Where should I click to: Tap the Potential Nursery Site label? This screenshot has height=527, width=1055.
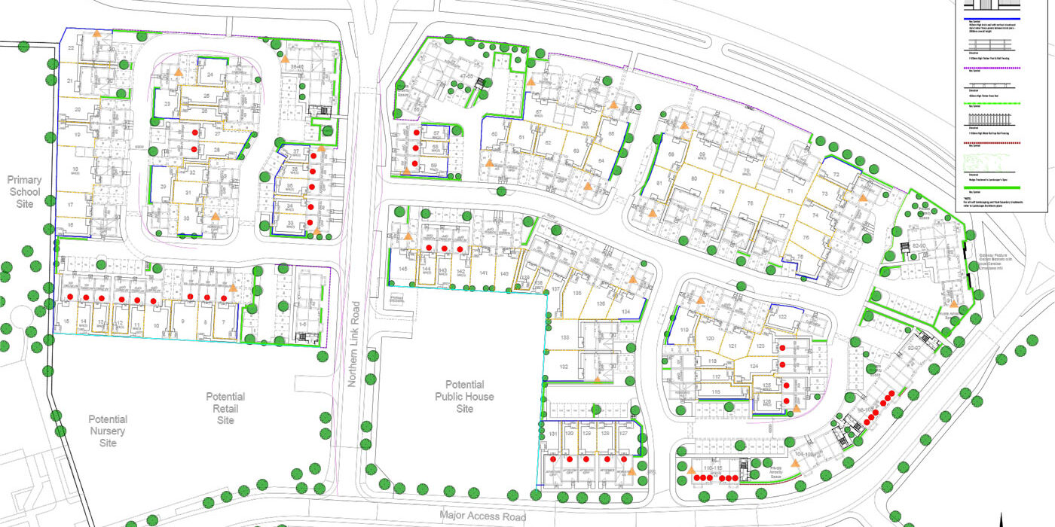tap(108, 431)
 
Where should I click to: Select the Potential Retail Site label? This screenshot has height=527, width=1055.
tap(226, 408)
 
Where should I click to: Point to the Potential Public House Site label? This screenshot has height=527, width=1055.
tap(464, 396)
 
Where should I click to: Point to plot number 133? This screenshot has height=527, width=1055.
tap(564, 339)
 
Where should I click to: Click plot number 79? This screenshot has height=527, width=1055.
tap(720, 193)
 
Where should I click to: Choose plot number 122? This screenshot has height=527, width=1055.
tap(782, 318)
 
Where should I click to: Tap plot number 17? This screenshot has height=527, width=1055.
tap(70, 205)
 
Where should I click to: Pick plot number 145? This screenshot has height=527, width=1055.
tap(403, 269)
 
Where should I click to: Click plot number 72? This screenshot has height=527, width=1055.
tap(836, 175)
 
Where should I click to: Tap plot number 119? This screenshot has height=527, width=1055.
tap(685, 331)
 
